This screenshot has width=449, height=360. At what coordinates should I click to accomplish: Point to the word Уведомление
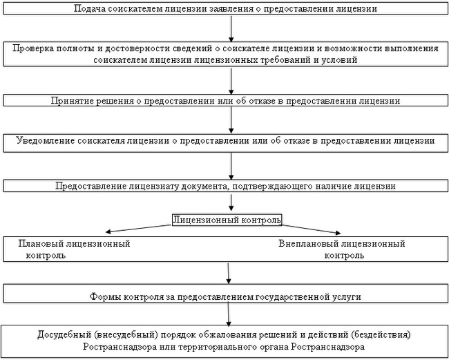point(45,141)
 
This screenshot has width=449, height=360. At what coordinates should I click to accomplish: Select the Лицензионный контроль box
point(227,220)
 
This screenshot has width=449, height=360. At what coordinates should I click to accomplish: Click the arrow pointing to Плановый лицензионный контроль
point(138,229)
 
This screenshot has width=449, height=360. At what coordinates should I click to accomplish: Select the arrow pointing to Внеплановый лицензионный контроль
point(312,229)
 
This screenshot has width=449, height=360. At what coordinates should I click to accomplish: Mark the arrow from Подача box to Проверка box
point(231,28)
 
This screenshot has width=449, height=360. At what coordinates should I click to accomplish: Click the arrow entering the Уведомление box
point(231,120)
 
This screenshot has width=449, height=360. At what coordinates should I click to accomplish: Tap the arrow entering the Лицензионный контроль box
point(231,202)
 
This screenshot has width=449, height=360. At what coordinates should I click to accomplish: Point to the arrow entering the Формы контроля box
point(228,274)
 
